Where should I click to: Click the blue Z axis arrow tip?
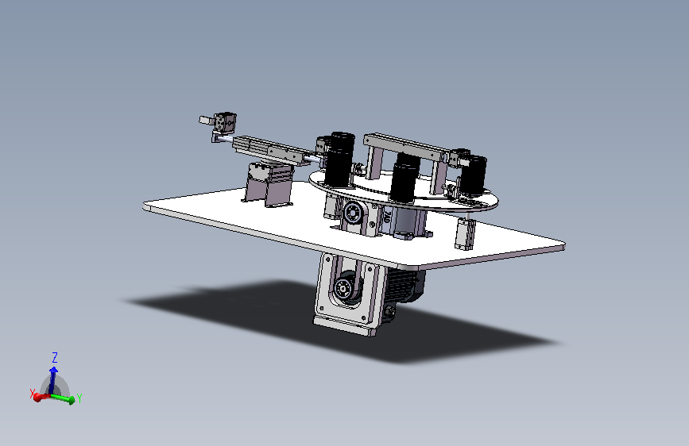click(x=53, y=368)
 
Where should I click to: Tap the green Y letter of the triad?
click(x=79, y=398)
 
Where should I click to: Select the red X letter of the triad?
click(x=32, y=394)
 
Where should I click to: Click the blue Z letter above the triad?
click(x=55, y=357)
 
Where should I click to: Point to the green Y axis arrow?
click(x=63, y=398)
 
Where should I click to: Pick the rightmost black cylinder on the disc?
click(x=473, y=175)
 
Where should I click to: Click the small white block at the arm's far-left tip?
click(x=204, y=120)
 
